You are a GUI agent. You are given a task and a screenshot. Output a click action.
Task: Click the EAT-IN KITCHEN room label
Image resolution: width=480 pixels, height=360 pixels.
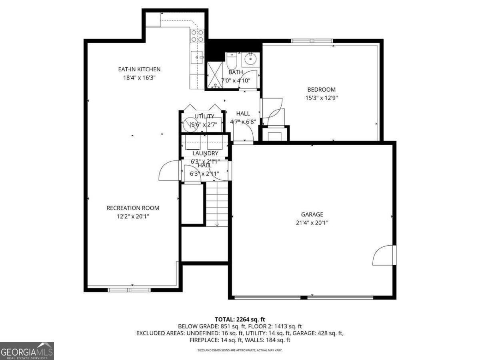point(139,70)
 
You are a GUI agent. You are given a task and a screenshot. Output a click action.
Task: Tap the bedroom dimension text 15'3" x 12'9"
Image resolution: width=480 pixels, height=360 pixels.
point(321,98)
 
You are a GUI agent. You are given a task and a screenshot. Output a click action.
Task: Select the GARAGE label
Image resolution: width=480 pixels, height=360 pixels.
point(312,215)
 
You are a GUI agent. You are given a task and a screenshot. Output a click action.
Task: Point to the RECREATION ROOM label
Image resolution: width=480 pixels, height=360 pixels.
point(132,208)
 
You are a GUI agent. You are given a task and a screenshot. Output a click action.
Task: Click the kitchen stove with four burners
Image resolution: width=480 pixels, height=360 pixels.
point(197,36)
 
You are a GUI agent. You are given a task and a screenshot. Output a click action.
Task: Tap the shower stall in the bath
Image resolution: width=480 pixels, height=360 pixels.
point(215,76)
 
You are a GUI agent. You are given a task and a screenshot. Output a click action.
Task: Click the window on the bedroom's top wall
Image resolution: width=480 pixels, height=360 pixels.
point(312,41)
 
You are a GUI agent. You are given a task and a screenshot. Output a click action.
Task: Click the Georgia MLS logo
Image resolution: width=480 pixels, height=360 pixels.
point(27,351)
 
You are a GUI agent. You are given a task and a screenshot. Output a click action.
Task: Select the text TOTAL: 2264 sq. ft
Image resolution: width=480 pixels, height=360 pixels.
point(240,319)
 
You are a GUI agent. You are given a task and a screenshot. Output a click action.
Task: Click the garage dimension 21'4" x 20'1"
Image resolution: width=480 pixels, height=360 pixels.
point(312,223)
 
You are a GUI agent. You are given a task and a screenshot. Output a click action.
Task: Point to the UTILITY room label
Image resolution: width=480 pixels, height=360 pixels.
point(204,116)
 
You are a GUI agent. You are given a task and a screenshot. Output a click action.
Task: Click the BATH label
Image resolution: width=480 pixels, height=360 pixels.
point(236,72)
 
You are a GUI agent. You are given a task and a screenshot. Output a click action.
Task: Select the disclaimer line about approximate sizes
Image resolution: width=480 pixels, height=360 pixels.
point(240,350)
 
